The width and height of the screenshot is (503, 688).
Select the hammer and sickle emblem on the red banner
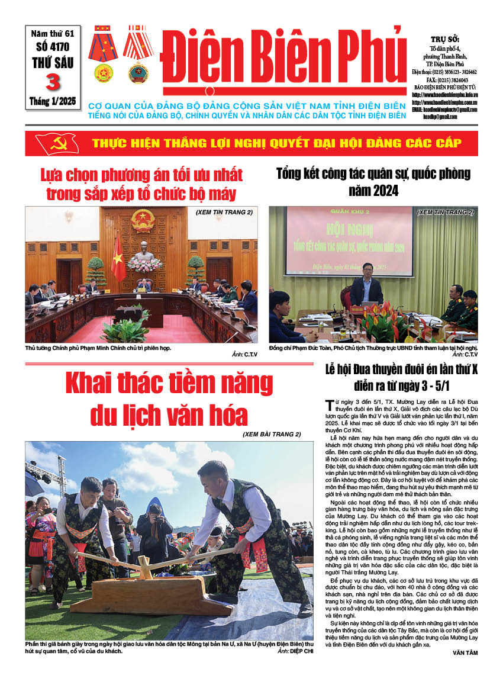pos(57,144)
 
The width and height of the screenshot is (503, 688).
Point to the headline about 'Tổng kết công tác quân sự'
pos(373,182)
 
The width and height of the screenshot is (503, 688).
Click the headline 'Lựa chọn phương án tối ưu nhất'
pos(142,184)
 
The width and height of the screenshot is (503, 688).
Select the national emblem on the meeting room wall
pos(143,220)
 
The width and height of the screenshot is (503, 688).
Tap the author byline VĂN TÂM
pos(464,652)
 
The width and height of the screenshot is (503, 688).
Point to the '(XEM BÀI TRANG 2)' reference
pos(272,435)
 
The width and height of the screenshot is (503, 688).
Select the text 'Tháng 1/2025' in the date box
pos(53,101)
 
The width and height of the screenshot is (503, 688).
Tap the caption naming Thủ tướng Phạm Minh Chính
pos(98,348)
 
